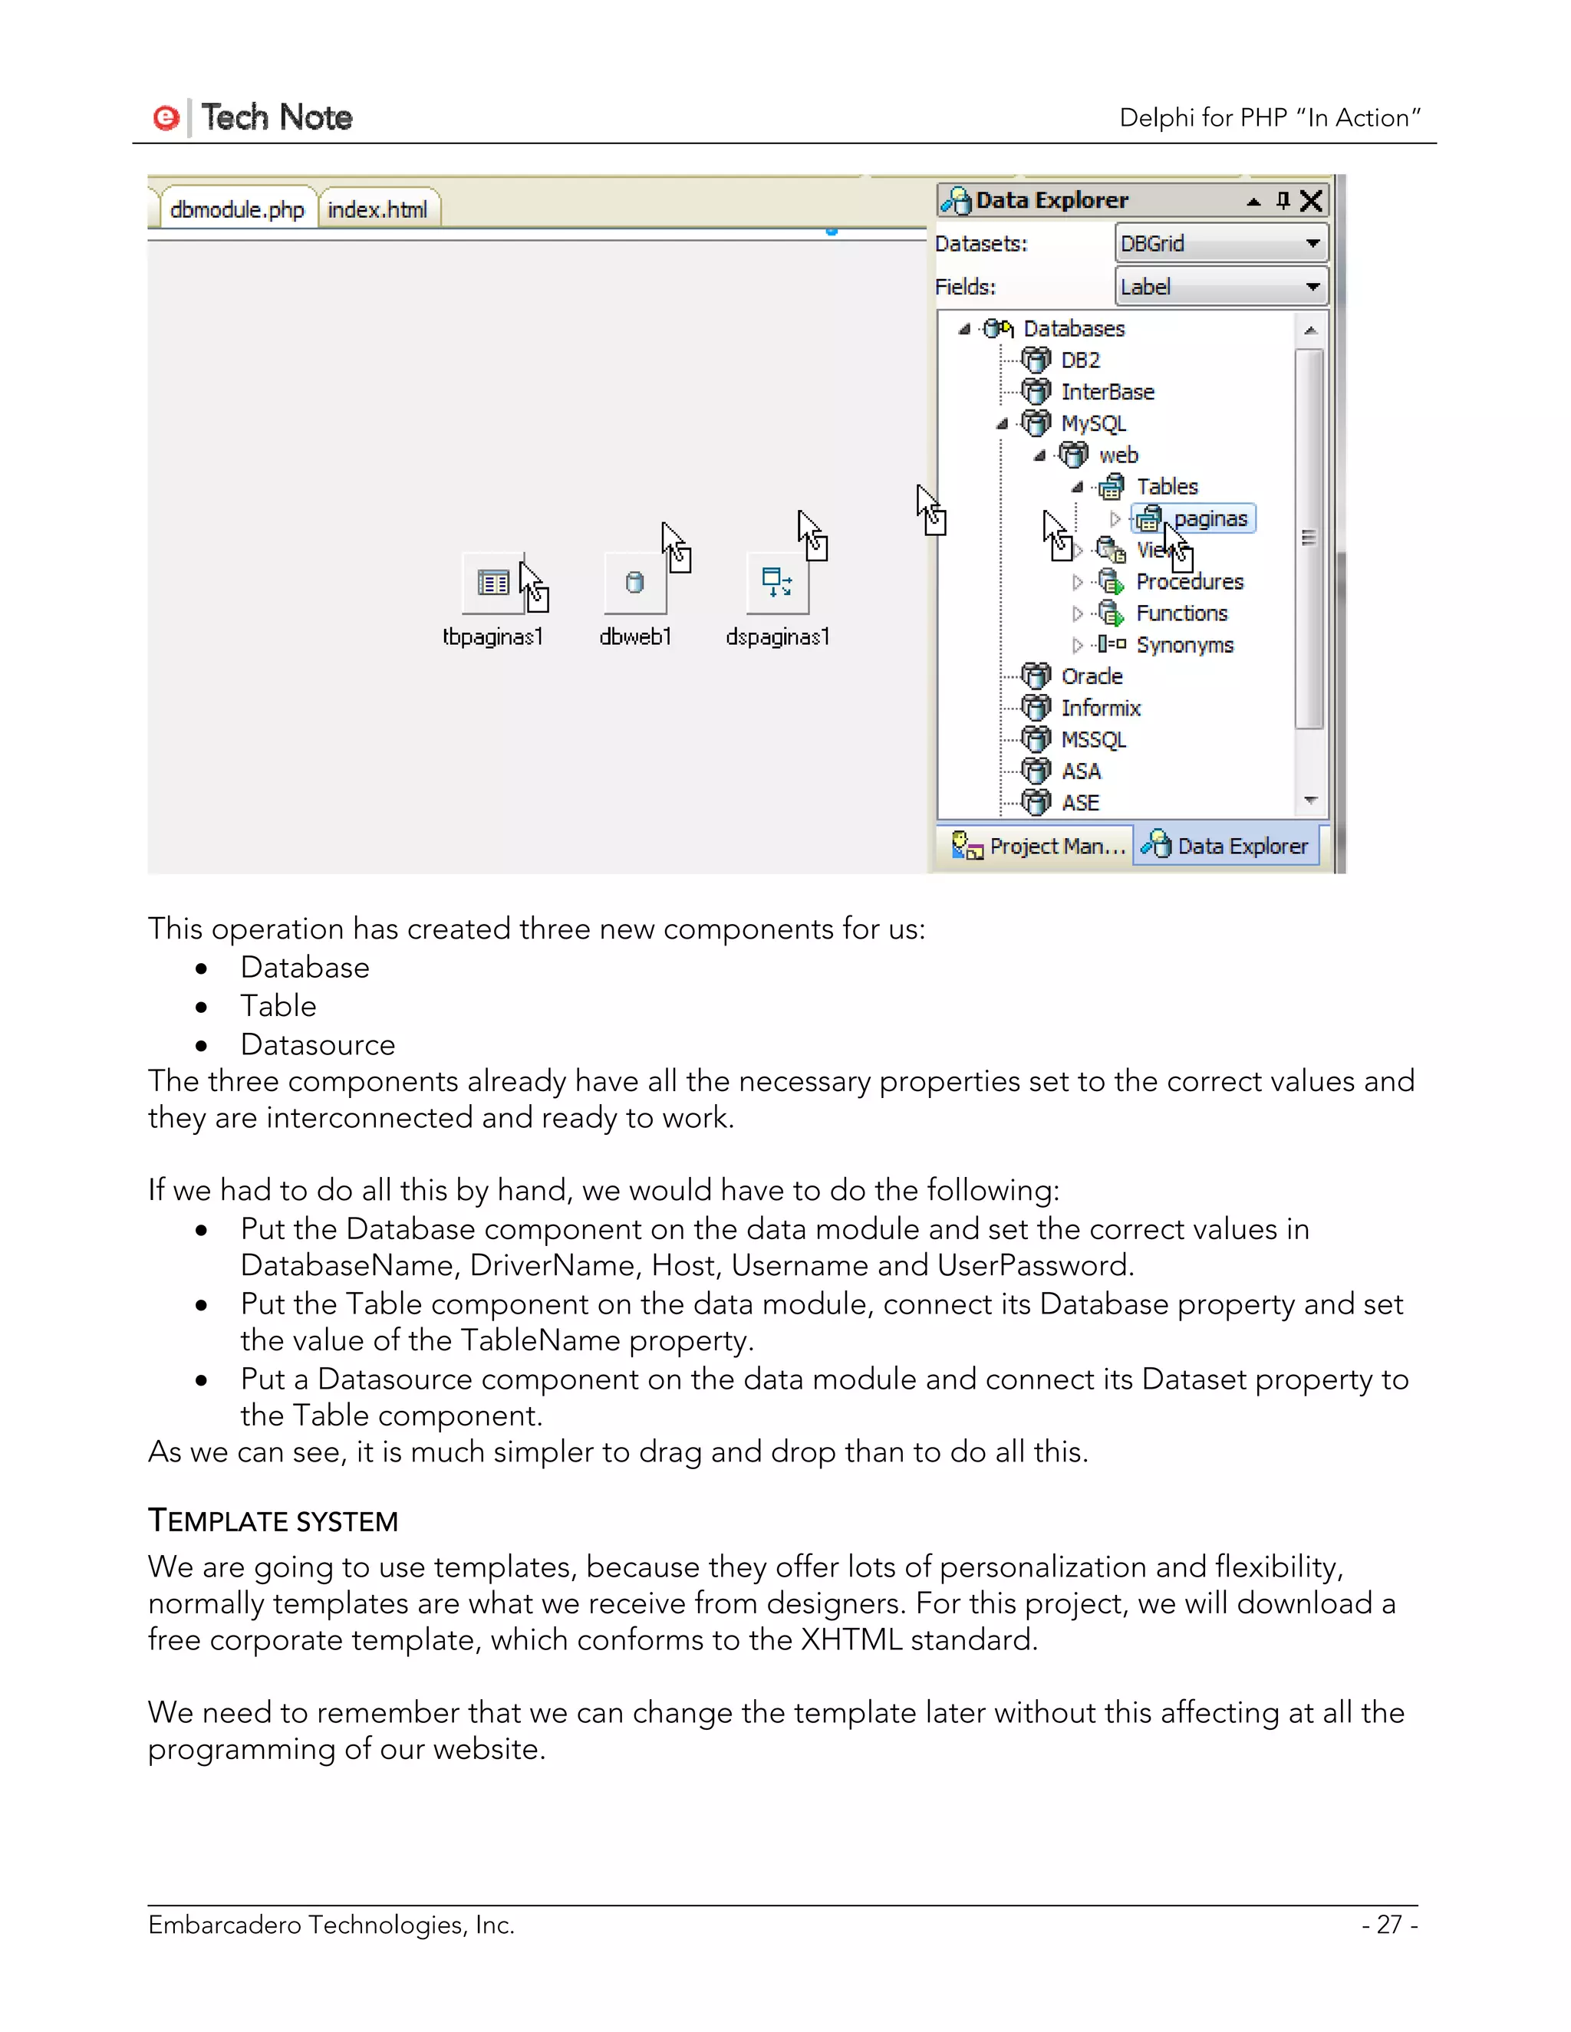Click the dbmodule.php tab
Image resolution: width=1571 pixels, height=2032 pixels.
click(x=236, y=210)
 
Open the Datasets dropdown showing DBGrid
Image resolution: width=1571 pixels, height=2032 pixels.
click(x=1220, y=244)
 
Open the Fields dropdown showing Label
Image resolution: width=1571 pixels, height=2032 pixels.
click(x=1220, y=288)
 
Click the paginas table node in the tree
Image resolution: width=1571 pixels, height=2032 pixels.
click(x=1209, y=519)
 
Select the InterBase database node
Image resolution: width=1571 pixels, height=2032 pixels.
click(x=1107, y=393)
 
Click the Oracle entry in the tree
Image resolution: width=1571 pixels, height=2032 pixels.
click(x=1091, y=676)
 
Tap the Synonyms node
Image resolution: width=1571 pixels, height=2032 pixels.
click(x=1184, y=646)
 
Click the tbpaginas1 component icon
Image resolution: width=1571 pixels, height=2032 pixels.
click(x=493, y=584)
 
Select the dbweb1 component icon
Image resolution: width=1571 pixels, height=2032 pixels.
click(x=634, y=584)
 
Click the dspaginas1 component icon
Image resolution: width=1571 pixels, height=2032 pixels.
click(x=777, y=584)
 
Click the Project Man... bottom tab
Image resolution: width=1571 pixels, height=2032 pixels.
click(x=1038, y=847)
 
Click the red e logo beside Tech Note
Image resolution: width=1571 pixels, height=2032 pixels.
click(x=166, y=118)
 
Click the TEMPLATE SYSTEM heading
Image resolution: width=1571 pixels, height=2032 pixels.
click(x=272, y=1521)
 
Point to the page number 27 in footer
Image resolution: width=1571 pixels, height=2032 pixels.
click(x=1388, y=1924)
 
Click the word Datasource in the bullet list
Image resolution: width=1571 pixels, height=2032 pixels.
click(x=318, y=1045)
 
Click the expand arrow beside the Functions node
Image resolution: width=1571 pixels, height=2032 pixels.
click(x=1077, y=614)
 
